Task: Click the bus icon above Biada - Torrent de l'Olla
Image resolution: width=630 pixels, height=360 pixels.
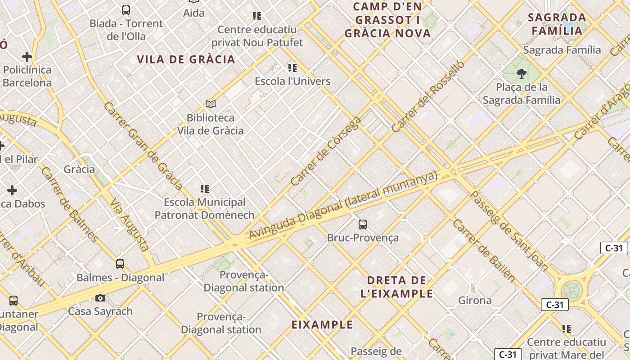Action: point(126,10)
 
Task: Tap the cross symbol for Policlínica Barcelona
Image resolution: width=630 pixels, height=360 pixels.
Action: point(27,57)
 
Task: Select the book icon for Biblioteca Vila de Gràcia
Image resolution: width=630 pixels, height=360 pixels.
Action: point(211,104)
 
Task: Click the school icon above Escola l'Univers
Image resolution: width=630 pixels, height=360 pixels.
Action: point(292,68)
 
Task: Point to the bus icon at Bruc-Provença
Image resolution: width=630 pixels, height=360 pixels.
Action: point(363,224)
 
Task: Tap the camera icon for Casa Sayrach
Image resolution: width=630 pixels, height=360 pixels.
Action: point(100,298)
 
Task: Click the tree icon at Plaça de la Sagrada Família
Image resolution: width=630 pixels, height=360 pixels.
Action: point(522,73)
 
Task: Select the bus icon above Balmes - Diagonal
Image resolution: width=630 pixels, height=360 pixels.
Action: point(120,264)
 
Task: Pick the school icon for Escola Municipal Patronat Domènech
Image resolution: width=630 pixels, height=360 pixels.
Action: point(205,189)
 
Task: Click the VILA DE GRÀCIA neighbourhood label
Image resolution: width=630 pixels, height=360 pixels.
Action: point(186,59)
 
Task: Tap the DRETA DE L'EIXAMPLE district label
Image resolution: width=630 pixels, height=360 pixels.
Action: point(396,287)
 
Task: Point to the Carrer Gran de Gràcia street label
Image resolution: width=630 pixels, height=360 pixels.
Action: point(143,145)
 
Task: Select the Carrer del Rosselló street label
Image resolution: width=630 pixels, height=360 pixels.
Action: point(427,97)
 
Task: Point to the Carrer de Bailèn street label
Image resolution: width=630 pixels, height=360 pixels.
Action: point(484,251)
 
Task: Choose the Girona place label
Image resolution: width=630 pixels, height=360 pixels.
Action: point(475,300)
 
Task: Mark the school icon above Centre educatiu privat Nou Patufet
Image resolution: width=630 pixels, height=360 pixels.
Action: point(257,17)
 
